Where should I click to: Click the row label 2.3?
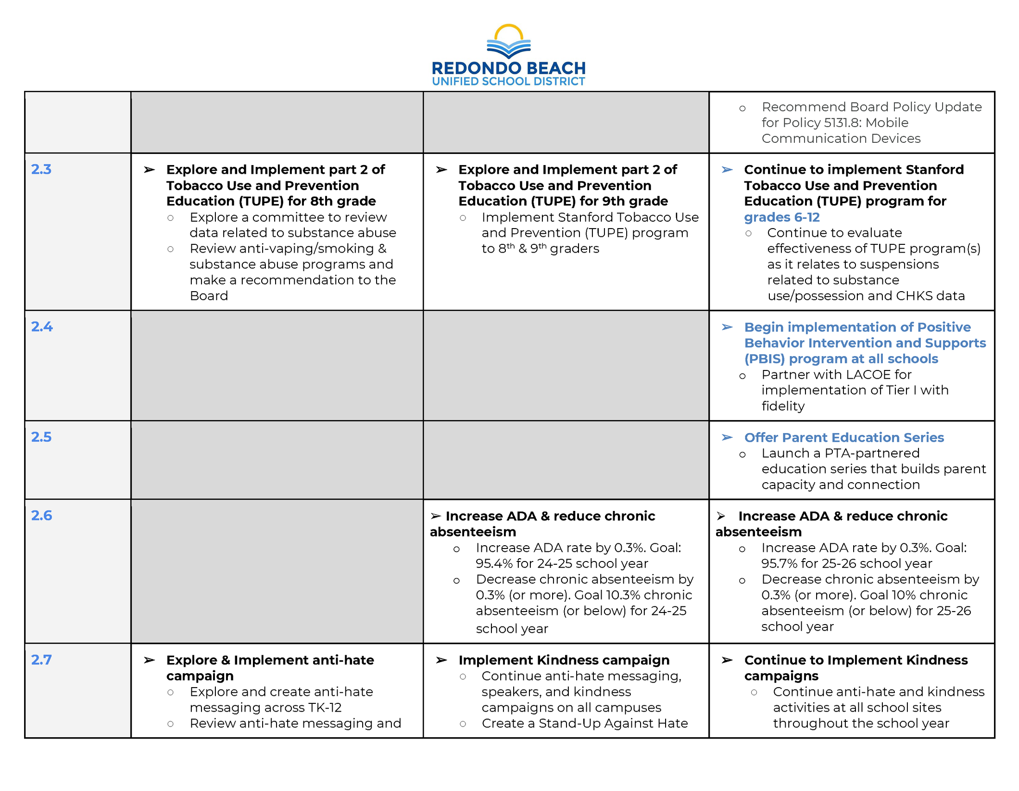41,170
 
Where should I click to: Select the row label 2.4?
42,327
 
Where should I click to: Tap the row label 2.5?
41,437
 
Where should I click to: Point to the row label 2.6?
41,516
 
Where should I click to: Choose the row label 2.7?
41,660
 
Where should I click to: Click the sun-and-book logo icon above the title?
509,41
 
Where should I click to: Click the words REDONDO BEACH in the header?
509,68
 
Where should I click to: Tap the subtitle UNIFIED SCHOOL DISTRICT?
509,82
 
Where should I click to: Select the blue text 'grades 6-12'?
781,217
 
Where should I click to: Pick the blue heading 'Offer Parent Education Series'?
843,438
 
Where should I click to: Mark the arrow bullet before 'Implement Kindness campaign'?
441,660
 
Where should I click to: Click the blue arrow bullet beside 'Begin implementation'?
727,327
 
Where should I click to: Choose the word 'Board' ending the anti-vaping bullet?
208,296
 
